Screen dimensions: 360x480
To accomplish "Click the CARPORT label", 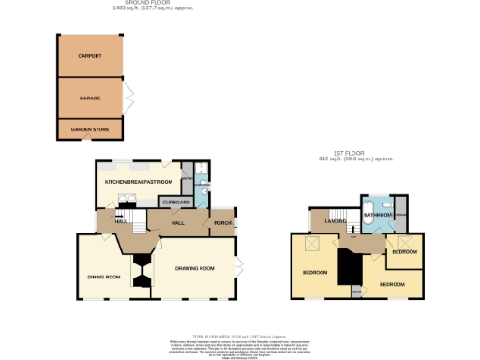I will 90,55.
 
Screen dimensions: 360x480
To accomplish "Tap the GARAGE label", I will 90,97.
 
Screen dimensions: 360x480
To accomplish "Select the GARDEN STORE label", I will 90,129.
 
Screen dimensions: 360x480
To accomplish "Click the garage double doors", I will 129,97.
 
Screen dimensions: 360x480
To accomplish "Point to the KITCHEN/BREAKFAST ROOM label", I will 140,180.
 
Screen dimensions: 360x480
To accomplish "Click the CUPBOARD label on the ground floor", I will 177,202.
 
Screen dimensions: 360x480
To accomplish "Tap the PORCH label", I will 222,222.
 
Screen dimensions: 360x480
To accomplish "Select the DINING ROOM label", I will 104,277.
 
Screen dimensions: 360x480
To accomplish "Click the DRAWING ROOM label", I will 196,268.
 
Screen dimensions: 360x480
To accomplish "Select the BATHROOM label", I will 378,215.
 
